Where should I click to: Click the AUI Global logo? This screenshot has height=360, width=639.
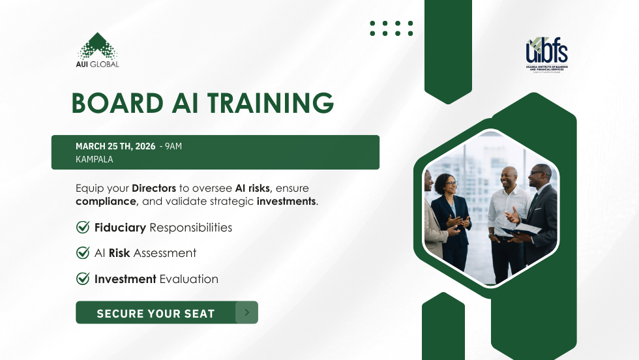pyautogui.click(x=98, y=50)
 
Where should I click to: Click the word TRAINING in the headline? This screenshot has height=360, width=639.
pyautogui.click(x=268, y=104)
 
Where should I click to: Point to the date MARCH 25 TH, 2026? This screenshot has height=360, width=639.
pyautogui.click(x=115, y=146)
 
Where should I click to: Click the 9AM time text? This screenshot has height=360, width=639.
pyautogui.click(x=173, y=146)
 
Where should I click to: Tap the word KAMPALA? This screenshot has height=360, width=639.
pyautogui.click(x=95, y=159)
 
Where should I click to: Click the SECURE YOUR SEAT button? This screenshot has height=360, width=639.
pyautogui.click(x=156, y=313)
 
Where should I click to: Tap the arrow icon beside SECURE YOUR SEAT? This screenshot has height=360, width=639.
pyautogui.click(x=246, y=312)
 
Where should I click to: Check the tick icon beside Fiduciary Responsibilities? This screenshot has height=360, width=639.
pyautogui.click(x=83, y=228)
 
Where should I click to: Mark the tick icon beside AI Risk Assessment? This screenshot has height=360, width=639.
pyautogui.click(x=83, y=253)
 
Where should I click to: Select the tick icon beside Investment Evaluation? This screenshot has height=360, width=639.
pyautogui.click(x=83, y=279)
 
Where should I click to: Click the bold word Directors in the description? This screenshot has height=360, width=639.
pyautogui.click(x=154, y=188)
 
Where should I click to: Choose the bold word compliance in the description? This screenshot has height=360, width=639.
pyautogui.click(x=106, y=202)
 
